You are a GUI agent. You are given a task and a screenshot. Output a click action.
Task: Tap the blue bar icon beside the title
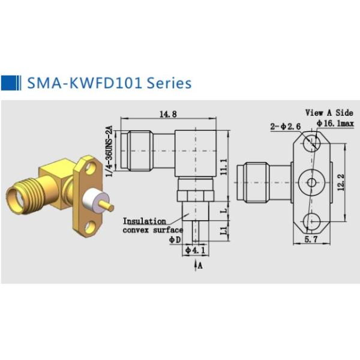pyautogui.click(x=10, y=82)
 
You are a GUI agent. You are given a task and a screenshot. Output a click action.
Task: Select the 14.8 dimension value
pyautogui.click(x=167, y=114)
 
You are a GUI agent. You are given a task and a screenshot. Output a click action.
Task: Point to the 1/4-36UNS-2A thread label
pyautogui.click(x=109, y=149)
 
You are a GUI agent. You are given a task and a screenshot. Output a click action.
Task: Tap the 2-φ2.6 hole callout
pyautogui.click(x=283, y=125)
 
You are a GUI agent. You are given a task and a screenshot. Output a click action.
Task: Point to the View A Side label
pyautogui.click(x=328, y=112)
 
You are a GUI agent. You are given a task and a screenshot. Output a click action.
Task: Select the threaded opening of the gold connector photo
pyautogui.click(x=17, y=197)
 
